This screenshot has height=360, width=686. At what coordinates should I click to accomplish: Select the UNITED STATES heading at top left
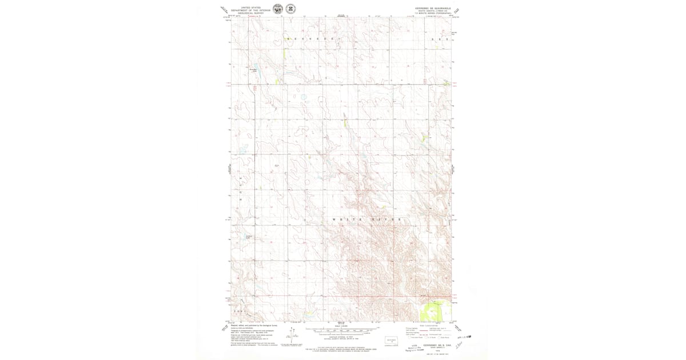250,7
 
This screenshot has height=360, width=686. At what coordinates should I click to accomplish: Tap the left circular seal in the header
278,9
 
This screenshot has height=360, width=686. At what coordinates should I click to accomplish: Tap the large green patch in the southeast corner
431,312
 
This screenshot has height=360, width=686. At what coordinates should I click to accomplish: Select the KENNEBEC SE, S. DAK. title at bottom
433,345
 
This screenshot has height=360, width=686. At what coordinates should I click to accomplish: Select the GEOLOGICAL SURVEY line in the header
250,14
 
